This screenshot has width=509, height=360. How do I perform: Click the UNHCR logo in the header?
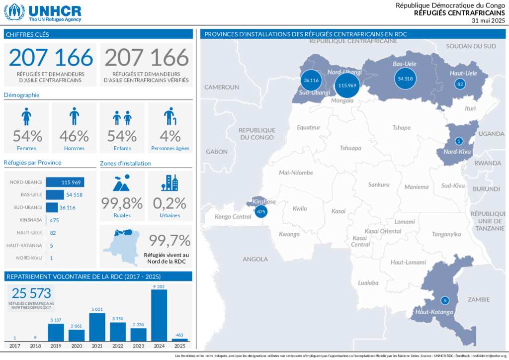[x=43, y=12]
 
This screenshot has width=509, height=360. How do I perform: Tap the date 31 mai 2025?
[x=488, y=20]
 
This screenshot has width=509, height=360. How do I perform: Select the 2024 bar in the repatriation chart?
[x=159, y=315]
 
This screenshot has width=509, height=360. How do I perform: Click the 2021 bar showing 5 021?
[x=97, y=327]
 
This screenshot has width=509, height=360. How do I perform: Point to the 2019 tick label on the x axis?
[x=56, y=346]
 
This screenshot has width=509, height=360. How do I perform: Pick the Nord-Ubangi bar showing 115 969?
[x=65, y=182]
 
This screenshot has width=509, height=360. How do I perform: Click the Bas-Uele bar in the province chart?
[x=55, y=194]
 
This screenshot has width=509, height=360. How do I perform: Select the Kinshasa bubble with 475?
[x=260, y=212]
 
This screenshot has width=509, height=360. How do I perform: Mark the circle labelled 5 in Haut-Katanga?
[x=445, y=300]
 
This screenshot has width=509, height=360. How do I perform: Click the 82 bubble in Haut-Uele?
[x=460, y=84]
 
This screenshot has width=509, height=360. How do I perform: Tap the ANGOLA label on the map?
[x=255, y=259]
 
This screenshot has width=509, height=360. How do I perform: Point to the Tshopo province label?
[x=401, y=128]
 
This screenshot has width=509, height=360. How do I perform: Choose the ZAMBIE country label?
[x=478, y=299]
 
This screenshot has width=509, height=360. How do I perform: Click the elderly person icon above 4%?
[x=170, y=116]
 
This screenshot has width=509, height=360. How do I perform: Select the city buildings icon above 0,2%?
[x=170, y=183]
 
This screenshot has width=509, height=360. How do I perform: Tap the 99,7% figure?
[x=170, y=241]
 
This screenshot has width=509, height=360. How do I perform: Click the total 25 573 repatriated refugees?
[x=32, y=293]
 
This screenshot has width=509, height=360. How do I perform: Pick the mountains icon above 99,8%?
[x=122, y=183]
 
